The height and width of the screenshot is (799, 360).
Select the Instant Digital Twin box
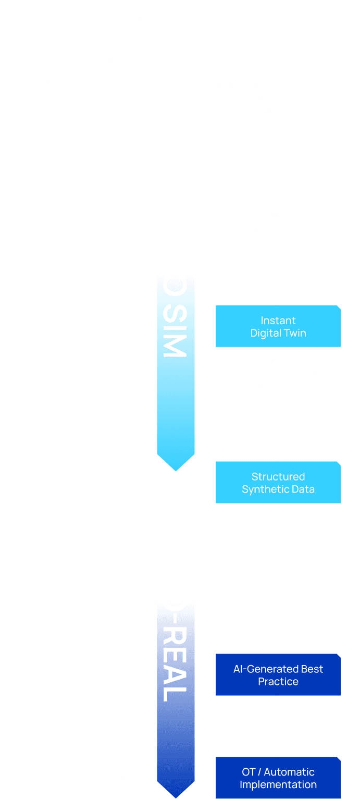pos(278,327)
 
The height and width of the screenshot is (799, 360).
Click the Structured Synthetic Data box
pos(278,483)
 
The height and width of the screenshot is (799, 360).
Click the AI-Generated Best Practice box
pos(278,675)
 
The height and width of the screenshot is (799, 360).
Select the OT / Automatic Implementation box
pos(278,778)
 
